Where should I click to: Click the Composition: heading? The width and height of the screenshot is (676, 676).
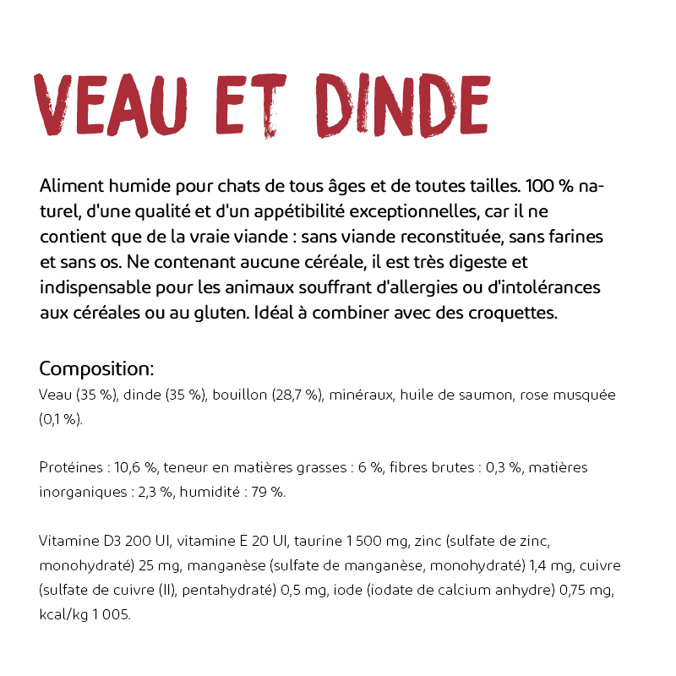point(96,368)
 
